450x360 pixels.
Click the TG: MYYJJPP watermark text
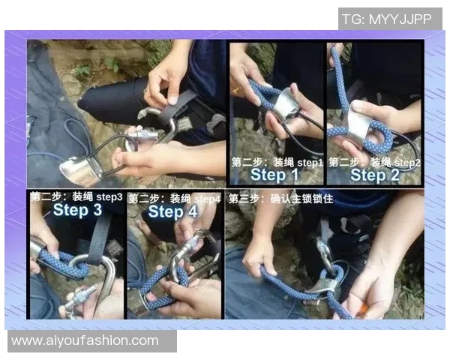tap(387, 19)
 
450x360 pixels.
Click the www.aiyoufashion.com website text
tap(85, 340)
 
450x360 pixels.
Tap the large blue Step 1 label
tap(274, 175)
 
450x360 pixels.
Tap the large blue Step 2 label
tap(375, 175)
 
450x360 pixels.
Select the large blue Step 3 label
tap(77, 209)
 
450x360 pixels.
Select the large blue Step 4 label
tap(172, 211)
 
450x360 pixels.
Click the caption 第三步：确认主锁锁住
tap(280, 198)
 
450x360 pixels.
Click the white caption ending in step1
tap(277, 163)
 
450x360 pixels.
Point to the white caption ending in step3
tap(76, 196)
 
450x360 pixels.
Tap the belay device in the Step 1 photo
tap(285, 105)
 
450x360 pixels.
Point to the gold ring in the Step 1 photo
tap(236, 91)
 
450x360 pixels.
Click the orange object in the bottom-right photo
tap(363, 311)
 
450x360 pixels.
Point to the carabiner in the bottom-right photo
tap(326, 256)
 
